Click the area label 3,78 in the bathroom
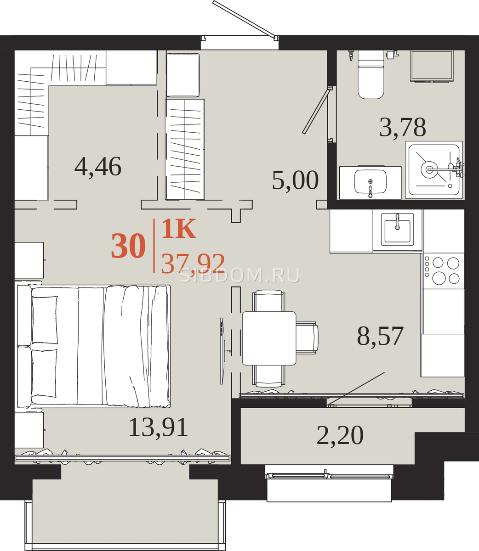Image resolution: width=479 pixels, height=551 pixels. click(x=402, y=127)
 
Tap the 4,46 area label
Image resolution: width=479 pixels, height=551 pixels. click(x=98, y=167)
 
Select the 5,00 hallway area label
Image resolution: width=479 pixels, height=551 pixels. click(x=295, y=180)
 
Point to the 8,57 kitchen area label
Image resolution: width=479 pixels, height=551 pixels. click(x=380, y=336)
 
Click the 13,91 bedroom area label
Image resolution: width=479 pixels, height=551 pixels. click(x=158, y=427)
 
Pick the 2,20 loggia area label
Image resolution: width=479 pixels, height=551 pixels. click(x=340, y=435)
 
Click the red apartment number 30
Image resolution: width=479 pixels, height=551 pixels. click(x=128, y=246)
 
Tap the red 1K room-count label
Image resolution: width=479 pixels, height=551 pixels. click(x=178, y=229)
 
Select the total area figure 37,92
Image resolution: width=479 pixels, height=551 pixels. click(x=193, y=264)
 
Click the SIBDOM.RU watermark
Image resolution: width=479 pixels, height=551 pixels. click(x=239, y=275)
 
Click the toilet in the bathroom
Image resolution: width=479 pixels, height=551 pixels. click(x=371, y=74)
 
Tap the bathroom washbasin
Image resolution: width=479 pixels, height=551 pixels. click(x=371, y=183)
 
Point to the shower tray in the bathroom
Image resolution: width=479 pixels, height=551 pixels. click(x=434, y=170)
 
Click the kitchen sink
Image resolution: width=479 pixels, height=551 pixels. click(x=397, y=229)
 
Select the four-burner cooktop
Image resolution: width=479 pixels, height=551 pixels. click(x=444, y=270)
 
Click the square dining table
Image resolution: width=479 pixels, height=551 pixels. click(x=269, y=338)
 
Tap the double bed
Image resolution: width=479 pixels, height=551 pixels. click(x=94, y=346)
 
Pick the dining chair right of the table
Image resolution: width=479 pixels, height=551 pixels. click(x=307, y=337)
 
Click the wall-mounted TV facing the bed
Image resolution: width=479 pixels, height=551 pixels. click(x=222, y=351)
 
